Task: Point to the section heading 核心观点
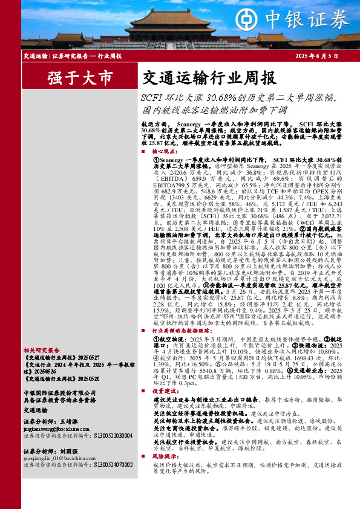pyautogui.click(x=165, y=152)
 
